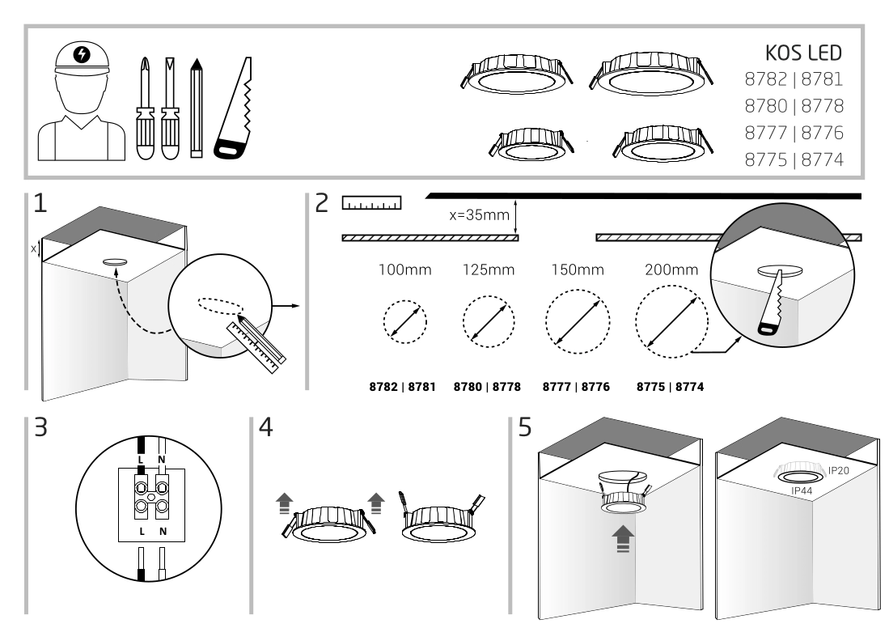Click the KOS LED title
[803, 53]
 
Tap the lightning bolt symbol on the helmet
[81, 54]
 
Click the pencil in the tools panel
[195, 107]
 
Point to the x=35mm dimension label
[482, 216]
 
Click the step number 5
[526, 427]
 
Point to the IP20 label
[839, 469]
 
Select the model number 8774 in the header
[822, 159]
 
